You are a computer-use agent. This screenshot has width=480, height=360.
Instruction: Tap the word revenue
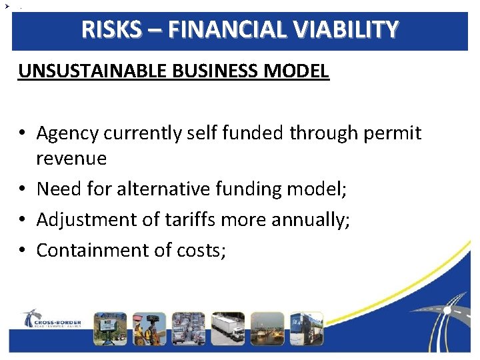tap(71, 159)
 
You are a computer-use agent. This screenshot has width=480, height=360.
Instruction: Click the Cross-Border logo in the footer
tap(51, 319)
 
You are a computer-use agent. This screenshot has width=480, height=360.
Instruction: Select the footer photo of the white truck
tap(227, 329)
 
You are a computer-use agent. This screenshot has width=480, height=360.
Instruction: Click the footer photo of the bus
tap(306, 329)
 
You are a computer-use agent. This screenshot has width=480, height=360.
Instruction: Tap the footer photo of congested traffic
tap(188, 329)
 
